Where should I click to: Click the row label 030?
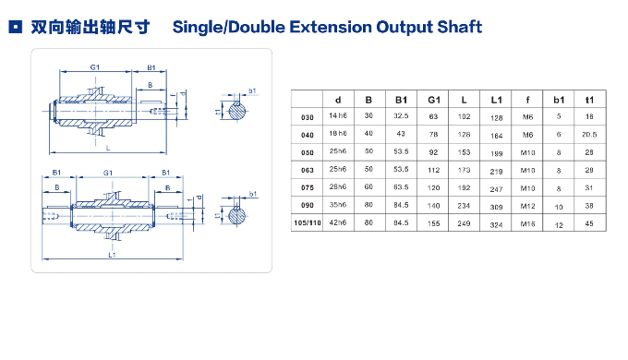pos(308,117)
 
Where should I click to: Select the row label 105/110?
pos(308,223)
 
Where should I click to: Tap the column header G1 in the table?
pos(433,99)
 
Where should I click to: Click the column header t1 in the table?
pos(588,99)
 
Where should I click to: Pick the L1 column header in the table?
pos(496,99)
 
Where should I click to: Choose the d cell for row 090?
pos(339,206)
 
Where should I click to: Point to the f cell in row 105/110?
pos(527,223)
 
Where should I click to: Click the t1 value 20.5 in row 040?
pos(588,135)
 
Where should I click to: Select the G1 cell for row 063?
pos(433,171)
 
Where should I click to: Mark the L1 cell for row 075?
pos(496,188)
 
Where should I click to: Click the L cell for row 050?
pos(465,152)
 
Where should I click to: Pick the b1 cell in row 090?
pos(558,207)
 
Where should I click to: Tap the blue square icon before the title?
pos(14,29)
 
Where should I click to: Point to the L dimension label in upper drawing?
pos(109,147)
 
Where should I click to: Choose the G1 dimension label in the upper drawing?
pos(95,66)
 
